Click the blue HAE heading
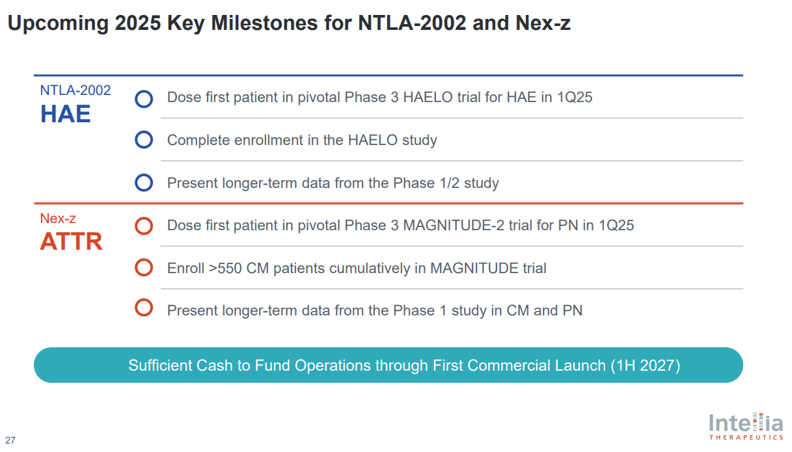pos(65,114)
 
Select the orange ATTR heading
pos(71,241)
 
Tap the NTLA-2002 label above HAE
pos(75,90)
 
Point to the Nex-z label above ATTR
pos(58,219)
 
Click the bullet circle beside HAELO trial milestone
pos(144,99)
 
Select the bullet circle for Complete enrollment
pos(144,140)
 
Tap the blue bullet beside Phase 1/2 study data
pos(144,183)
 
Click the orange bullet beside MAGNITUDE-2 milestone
pos(144,226)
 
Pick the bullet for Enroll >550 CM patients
pos(144,267)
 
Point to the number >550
pos(225,268)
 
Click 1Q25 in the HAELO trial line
pos(575,98)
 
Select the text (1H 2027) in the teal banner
pos(645,366)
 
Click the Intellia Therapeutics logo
pos(746,426)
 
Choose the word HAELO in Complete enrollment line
pos(373,140)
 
